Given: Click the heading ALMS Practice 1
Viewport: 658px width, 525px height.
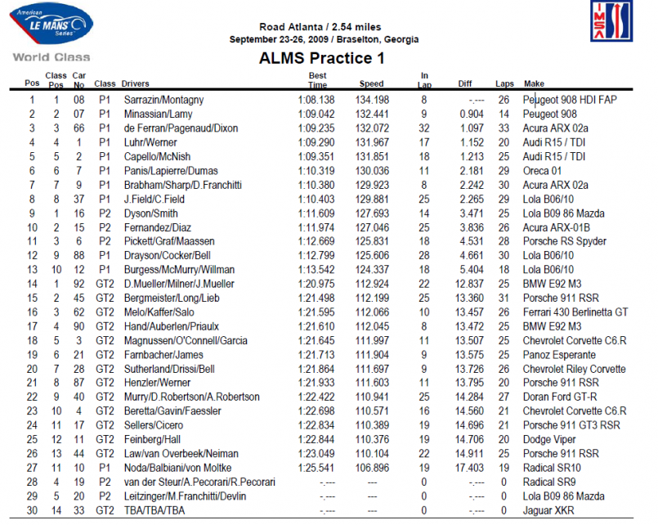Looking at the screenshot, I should pyautogui.click(x=321, y=59).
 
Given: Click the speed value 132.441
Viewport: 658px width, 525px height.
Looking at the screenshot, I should pyautogui.click(x=371, y=114).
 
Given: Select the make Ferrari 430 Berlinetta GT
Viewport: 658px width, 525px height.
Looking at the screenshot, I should pyautogui.click(x=575, y=312).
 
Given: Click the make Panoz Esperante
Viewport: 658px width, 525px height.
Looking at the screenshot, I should pyautogui.click(x=559, y=355).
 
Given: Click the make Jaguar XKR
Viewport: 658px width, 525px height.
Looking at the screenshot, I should pyautogui.click(x=548, y=510).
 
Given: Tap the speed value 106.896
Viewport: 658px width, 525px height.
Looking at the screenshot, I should pyautogui.click(x=371, y=468).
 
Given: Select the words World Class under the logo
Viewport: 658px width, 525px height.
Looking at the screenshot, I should pyautogui.click(x=51, y=57).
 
